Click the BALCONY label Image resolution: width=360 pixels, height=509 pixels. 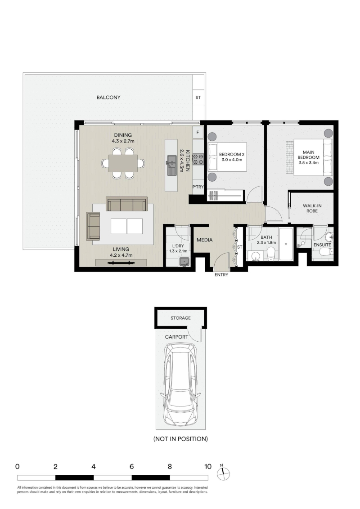pyautogui.click(x=108, y=98)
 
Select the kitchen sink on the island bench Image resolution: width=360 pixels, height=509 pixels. pyautogui.click(x=171, y=164)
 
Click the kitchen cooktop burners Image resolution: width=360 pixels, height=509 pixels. pyautogui.click(x=198, y=159)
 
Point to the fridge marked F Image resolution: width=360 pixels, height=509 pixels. pyautogui.click(x=198, y=133)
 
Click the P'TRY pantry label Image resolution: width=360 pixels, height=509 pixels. pyautogui.click(x=198, y=187)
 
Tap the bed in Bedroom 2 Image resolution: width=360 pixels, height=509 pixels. pyautogui.click(x=227, y=156)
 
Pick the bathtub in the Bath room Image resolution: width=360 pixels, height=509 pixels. pyautogui.click(x=286, y=244)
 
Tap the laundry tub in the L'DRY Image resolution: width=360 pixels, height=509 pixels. pyautogui.click(x=184, y=261)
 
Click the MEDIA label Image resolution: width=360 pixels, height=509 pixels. pyautogui.click(x=205, y=240)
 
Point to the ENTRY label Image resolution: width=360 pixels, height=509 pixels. pyautogui.click(x=221, y=275)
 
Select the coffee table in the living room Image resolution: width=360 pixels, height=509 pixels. pyautogui.click(x=126, y=226)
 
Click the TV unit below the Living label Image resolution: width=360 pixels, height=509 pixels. pyautogui.click(x=121, y=263)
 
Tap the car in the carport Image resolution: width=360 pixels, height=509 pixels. pyautogui.click(x=180, y=385)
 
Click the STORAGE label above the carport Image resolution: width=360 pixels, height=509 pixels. pyautogui.click(x=180, y=318)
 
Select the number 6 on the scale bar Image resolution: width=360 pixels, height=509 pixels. pyautogui.click(x=131, y=467)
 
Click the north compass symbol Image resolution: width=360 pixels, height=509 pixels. pyautogui.click(x=224, y=473)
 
